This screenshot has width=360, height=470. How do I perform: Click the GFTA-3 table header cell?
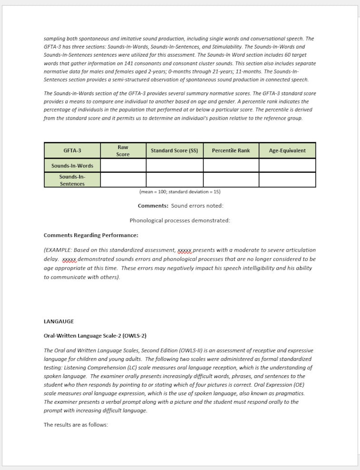(72, 150)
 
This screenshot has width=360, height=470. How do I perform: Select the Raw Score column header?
(123, 150)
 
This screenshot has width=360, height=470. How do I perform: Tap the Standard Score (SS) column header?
(174, 150)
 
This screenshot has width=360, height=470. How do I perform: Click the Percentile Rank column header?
(231, 150)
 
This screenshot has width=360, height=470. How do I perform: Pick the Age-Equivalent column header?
(287, 150)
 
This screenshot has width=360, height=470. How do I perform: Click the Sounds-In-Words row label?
(72, 165)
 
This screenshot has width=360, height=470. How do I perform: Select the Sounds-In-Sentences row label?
(72, 180)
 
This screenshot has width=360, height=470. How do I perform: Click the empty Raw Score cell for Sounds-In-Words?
(123, 165)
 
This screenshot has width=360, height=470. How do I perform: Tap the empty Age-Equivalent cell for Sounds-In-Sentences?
(287, 180)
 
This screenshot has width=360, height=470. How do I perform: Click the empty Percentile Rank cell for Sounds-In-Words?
(231, 165)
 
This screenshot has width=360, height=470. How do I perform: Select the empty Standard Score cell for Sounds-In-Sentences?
(174, 180)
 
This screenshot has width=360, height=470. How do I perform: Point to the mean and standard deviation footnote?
(180, 192)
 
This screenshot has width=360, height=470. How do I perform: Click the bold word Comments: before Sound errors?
(153, 206)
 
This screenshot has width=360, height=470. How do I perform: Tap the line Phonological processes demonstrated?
(180, 221)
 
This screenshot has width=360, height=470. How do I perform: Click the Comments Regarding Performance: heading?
(91, 235)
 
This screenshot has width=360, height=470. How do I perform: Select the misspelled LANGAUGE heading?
(58, 321)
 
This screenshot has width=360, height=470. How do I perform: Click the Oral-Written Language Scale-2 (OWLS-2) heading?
(95, 336)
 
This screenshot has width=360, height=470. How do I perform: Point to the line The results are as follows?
(76, 425)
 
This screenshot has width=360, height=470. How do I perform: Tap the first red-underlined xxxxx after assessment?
(185, 250)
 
